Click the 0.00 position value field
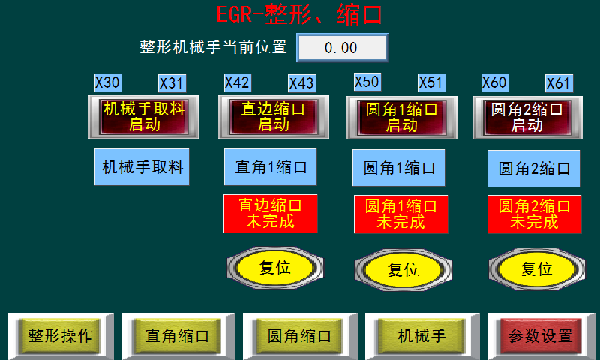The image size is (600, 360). click(x=342, y=48)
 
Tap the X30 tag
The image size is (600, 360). click(x=108, y=82)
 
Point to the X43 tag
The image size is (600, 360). click(x=301, y=82)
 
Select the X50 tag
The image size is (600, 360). click(x=367, y=82)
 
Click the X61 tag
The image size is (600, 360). click(x=559, y=82)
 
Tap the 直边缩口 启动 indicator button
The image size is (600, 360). click(x=273, y=117)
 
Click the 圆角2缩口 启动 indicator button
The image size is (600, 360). click(x=527, y=117)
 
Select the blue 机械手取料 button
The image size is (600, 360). click(x=142, y=166)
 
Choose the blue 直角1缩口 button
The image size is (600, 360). click(x=271, y=166)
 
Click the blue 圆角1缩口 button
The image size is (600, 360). click(x=399, y=167)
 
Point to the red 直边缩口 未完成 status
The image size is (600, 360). click(x=270, y=214)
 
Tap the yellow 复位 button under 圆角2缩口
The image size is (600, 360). click(x=536, y=268)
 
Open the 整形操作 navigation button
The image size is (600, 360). click(x=60, y=335)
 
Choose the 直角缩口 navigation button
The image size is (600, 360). click(x=177, y=335)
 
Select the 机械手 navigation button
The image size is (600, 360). click(x=421, y=335)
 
